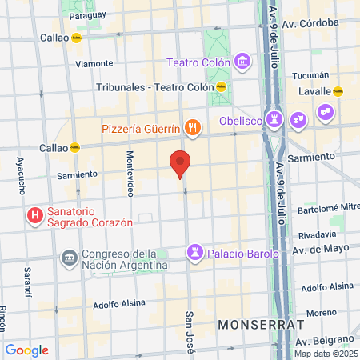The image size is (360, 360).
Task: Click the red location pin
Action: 180,164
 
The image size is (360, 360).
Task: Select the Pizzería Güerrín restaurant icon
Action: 192,128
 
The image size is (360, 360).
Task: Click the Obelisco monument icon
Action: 275,121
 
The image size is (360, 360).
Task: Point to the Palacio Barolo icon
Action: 195,254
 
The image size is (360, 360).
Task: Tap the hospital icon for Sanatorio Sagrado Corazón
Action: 34,215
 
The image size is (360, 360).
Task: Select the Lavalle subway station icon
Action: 338,92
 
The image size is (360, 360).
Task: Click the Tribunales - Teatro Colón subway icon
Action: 222,87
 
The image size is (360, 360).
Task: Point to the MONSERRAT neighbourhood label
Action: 260,325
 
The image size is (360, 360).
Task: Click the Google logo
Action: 26,350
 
